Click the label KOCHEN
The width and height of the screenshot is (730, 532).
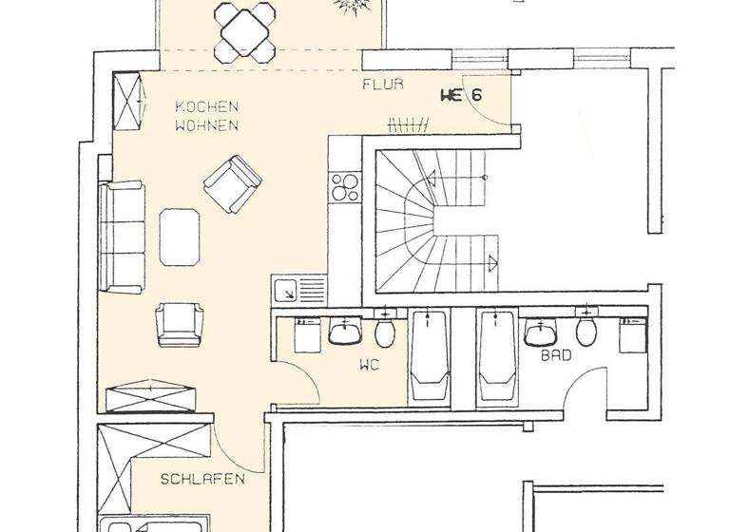point(205,106)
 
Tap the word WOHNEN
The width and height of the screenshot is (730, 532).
point(205,124)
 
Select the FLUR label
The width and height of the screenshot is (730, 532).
point(382,85)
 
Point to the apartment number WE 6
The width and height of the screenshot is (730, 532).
point(461,94)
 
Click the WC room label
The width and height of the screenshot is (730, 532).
point(370,364)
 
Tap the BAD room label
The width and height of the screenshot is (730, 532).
point(556,356)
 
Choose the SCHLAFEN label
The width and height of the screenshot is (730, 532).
point(202,479)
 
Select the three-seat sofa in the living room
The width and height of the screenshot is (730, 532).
point(121,237)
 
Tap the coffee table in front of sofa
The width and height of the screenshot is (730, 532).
point(181,237)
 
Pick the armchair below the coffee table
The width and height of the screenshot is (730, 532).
point(180,323)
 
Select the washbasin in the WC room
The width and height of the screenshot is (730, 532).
point(344,332)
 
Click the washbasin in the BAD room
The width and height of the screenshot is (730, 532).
point(541,332)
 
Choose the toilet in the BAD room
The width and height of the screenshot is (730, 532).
point(586,330)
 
